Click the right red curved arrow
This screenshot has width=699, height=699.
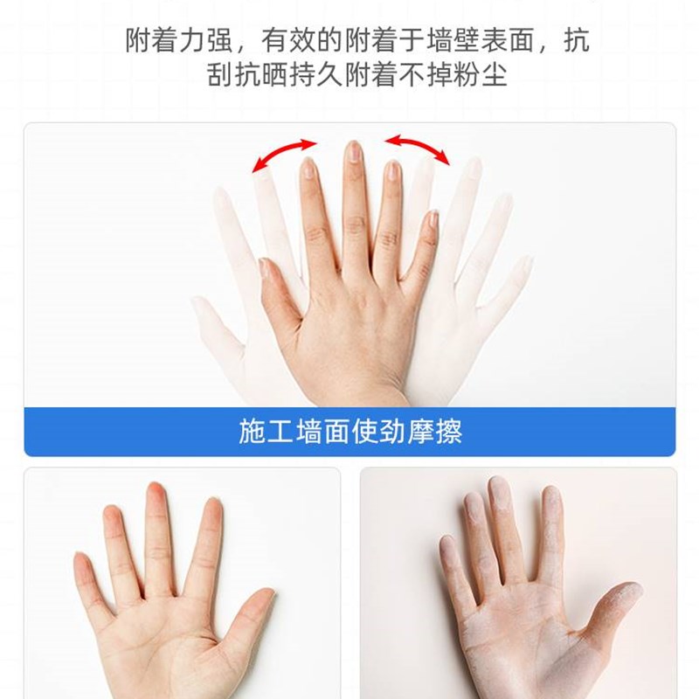(x=418, y=148)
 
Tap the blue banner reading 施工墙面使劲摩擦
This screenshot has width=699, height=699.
(x=349, y=432)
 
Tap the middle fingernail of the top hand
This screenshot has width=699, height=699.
(x=354, y=153)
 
